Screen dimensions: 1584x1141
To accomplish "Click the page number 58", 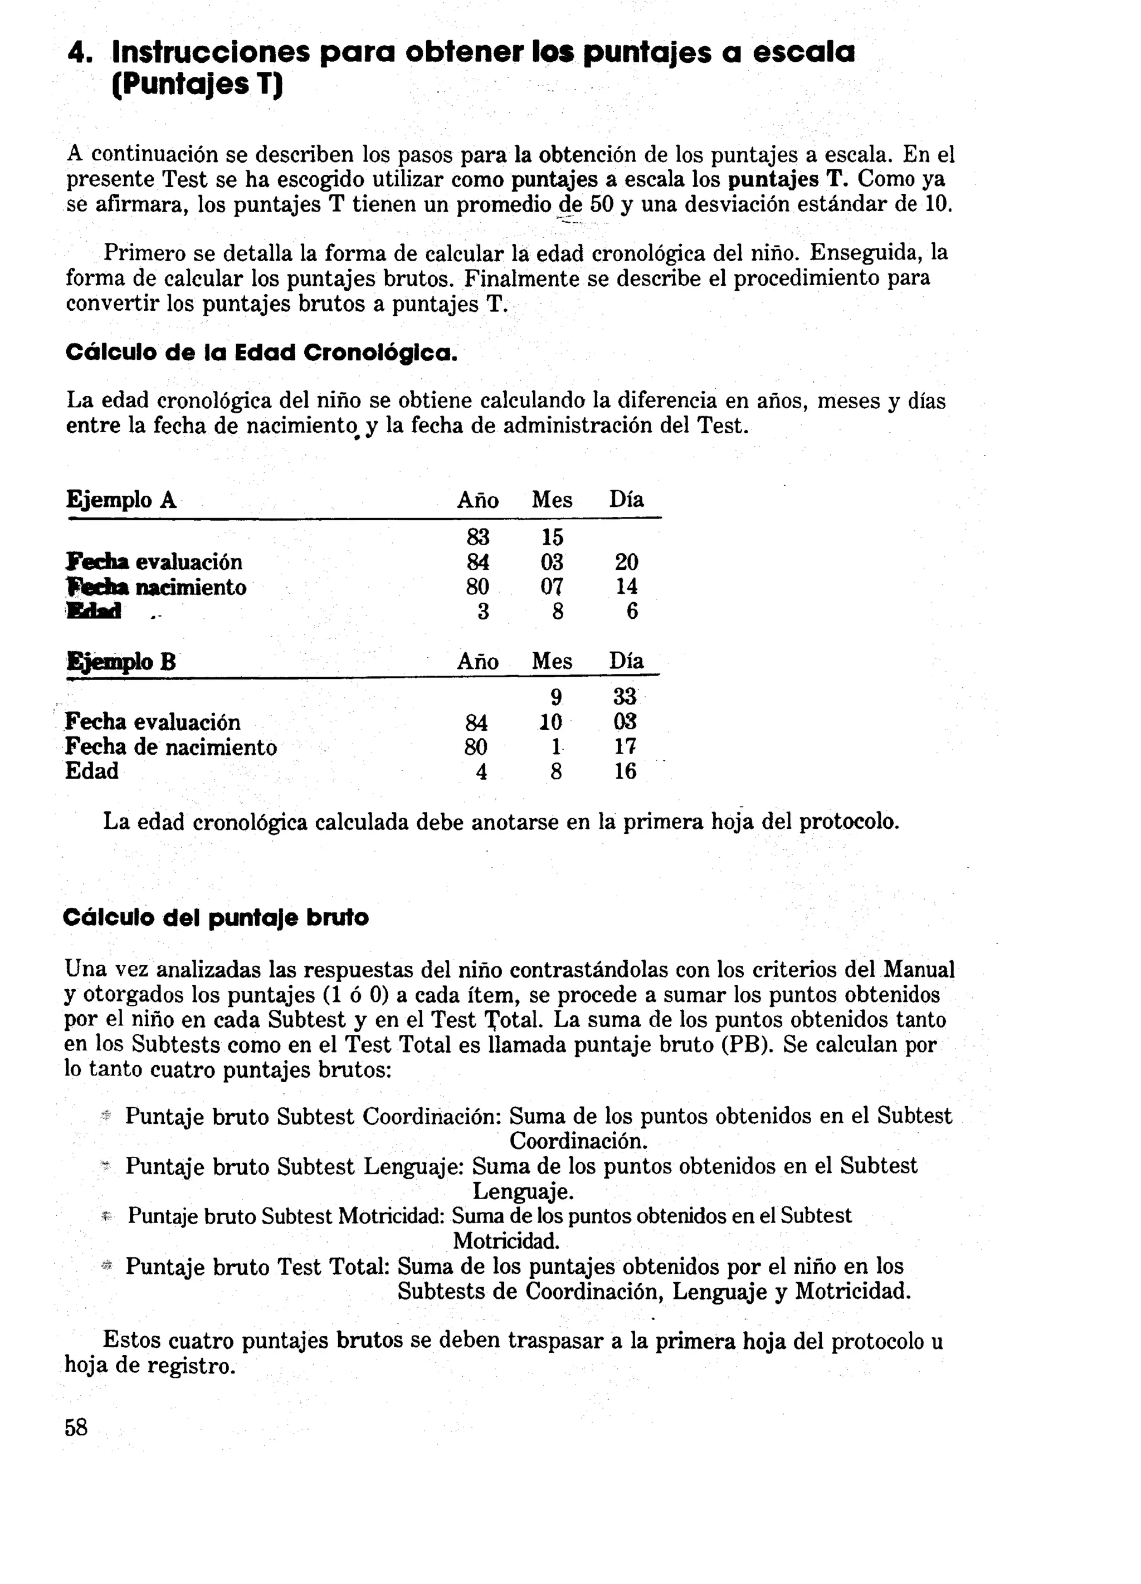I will pyautogui.click(x=76, y=1427).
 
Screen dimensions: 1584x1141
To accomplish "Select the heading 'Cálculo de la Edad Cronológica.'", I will pyautogui.click(x=261, y=353).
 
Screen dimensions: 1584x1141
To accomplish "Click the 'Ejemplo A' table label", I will pyautogui.click(x=121, y=500).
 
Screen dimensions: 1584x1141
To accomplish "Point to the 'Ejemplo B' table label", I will pyautogui.click(x=121, y=662).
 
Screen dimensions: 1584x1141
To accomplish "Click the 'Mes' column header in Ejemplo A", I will pyautogui.click(x=552, y=500).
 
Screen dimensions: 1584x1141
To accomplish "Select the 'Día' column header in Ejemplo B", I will pyautogui.click(x=626, y=662).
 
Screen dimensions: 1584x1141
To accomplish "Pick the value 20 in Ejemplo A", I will pyautogui.click(x=626, y=562).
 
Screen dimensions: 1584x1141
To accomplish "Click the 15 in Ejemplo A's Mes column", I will pyautogui.click(x=552, y=537).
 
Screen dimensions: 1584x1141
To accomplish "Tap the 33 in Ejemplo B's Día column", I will pyautogui.click(x=625, y=697).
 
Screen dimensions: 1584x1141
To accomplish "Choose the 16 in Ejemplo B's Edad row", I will pyautogui.click(x=625, y=772).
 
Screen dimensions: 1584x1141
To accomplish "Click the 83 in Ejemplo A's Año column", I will pyautogui.click(x=478, y=537).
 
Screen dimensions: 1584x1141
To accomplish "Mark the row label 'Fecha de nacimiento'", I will pyautogui.click(x=171, y=747).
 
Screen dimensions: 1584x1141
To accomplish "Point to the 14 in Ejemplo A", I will pyautogui.click(x=626, y=586).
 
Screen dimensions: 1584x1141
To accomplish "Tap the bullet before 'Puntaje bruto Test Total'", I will pyautogui.click(x=107, y=1264).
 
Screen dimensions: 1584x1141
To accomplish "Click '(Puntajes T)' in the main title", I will pyautogui.click(x=198, y=86).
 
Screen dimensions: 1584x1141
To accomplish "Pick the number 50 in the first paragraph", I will pyautogui.click(x=601, y=204).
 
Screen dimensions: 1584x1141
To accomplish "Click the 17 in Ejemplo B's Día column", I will pyautogui.click(x=625, y=747).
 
